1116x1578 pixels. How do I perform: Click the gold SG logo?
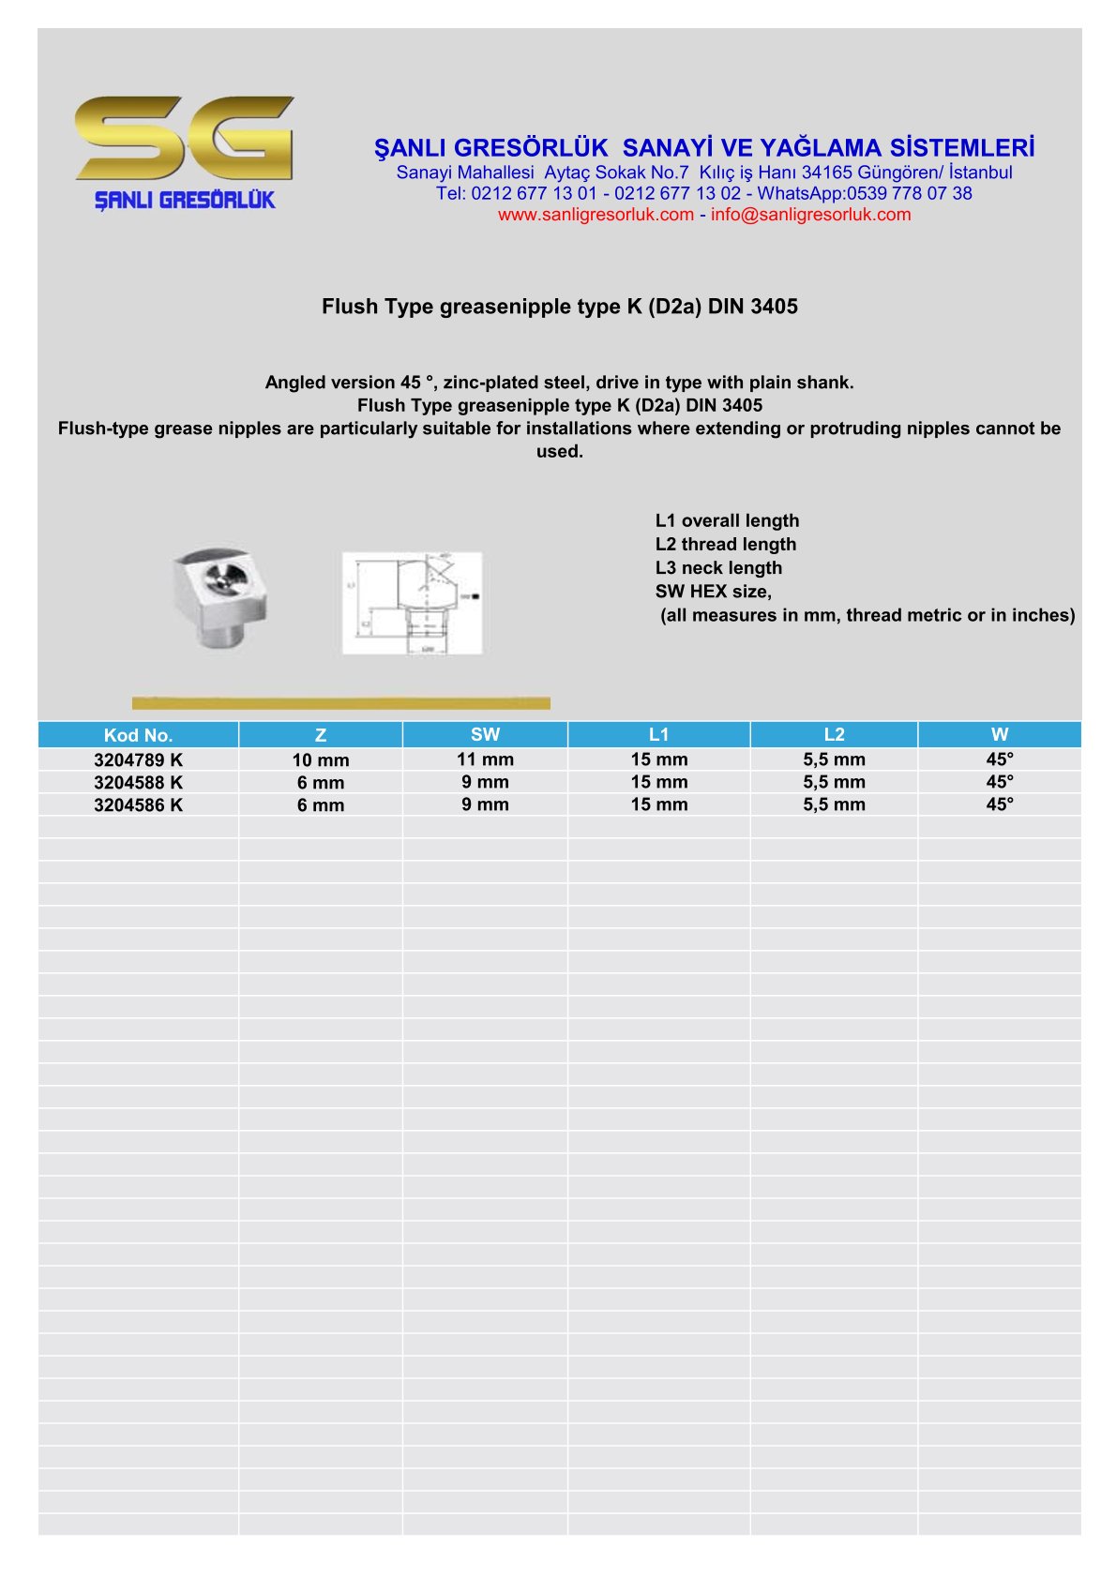point(185,138)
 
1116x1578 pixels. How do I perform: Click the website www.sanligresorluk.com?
point(596,215)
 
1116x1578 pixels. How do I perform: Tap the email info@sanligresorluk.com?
point(810,215)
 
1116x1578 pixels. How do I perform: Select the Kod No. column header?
point(139,735)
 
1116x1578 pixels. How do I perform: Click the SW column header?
point(485,734)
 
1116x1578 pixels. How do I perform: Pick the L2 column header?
point(834,734)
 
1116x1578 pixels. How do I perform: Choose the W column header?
point(999,734)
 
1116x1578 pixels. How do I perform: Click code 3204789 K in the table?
point(139,760)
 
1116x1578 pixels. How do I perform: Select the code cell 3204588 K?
point(139,783)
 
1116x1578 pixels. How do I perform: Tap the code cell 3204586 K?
point(139,805)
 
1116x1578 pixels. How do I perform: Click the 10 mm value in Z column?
point(321,760)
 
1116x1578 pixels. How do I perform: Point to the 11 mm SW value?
point(485,759)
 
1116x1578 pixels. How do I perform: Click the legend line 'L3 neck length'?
point(718,568)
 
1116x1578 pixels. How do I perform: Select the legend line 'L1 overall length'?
point(727,521)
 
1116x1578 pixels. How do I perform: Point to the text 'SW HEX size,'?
point(713,592)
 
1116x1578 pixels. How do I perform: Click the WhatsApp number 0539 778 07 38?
point(909,194)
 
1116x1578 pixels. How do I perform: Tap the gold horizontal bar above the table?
point(341,703)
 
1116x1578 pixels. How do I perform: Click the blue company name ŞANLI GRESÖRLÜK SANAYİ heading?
point(704,148)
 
